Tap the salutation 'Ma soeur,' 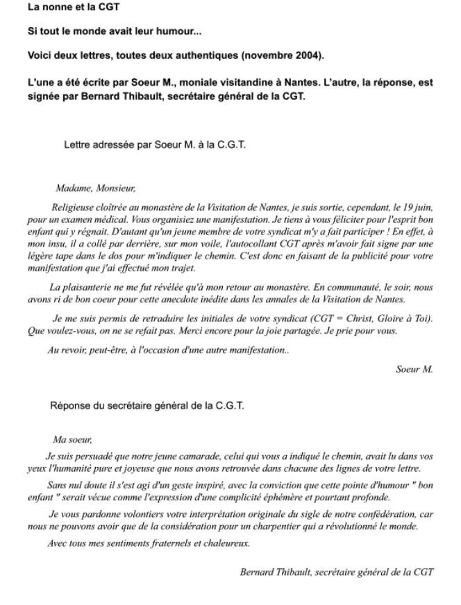click(72, 439)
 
